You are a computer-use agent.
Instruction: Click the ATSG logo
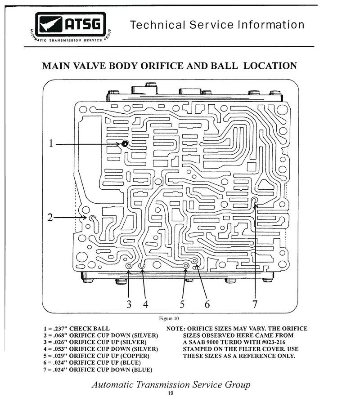click(71, 27)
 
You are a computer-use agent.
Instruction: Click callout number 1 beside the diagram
click(51, 143)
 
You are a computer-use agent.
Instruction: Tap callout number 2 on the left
click(50, 218)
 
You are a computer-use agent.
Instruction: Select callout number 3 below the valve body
click(129, 304)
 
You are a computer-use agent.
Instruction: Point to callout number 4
click(146, 304)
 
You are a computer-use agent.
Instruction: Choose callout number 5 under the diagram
click(182, 304)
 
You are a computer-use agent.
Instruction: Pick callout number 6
click(207, 304)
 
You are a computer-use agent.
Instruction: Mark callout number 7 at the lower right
click(255, 304)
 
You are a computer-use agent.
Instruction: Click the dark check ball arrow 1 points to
click(125, 144)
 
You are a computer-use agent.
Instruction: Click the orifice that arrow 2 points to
click(92, 218)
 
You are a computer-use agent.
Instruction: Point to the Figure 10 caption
click(169, 318)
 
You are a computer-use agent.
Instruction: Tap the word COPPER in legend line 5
click(135, 356)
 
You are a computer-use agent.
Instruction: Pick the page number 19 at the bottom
click(171, 393)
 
